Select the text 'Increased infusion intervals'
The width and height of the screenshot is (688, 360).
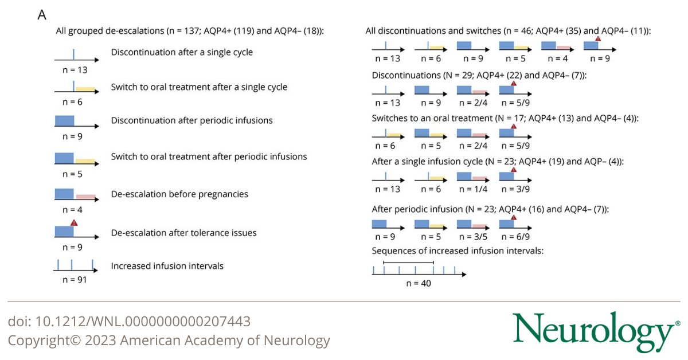(167, 266)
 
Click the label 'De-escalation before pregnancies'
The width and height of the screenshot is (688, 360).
(179, 194)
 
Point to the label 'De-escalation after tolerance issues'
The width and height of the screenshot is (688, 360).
(183, 233)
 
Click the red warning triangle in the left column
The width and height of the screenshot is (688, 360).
(73, 222)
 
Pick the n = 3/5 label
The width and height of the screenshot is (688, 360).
(472, 235)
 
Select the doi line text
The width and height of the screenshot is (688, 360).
(129, 322)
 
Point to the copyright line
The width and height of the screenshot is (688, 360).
(169, 341)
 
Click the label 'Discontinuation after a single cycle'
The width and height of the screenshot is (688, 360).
(182, 52)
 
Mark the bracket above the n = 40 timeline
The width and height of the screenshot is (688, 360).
(408, 263)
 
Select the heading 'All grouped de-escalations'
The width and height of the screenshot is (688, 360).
(190, 31)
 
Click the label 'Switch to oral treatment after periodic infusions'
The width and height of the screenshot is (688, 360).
(209, 156)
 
